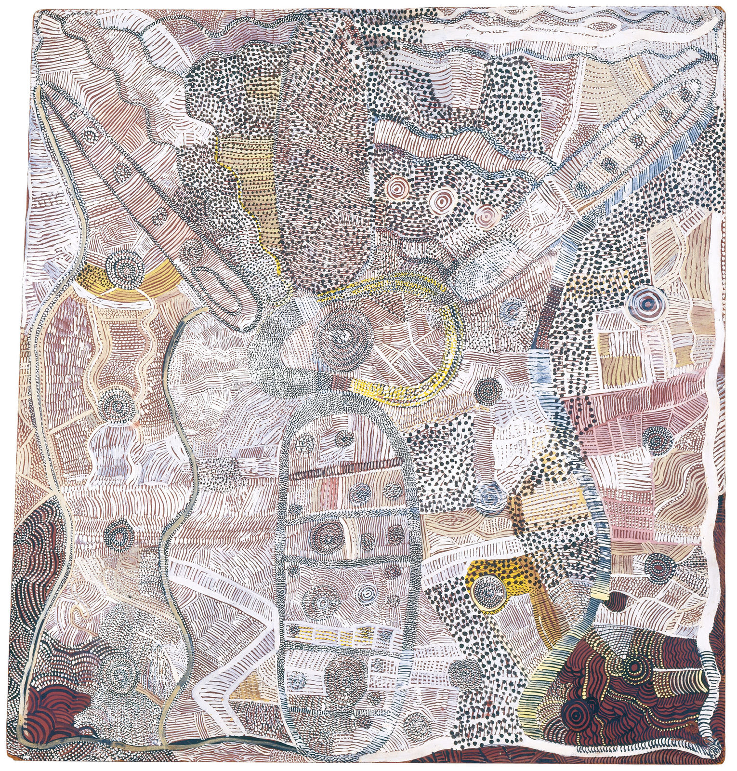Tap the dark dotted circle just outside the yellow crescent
tap(488, 389)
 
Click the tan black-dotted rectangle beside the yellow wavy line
tap(246, 193)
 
